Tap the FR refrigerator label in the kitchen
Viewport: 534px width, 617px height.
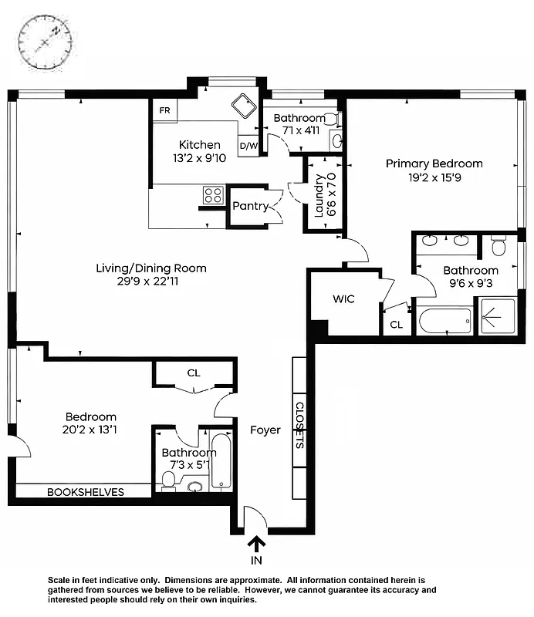click(x=164, y=110)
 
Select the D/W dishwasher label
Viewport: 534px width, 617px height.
click(x=248, y=145)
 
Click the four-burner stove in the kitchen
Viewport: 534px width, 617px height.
click(x=213, y=195)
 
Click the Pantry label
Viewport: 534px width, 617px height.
click(x=251, y=206)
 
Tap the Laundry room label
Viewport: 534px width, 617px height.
click(x=320, y=195)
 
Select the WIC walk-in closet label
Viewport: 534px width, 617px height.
click(x=343, y=298)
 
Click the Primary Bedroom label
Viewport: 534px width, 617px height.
click(x=434, y=164)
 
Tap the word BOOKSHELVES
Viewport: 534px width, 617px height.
click(x=86, y=492)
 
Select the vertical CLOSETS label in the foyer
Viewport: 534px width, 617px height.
click(x=299, y=424)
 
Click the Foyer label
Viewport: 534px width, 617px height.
click(x=265, y=430)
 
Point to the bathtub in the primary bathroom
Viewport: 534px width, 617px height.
click(x=444, y=321)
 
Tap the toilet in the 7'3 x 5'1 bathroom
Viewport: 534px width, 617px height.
click(x=168, y=480)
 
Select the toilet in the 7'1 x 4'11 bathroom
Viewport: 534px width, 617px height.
click(x=330, y=119)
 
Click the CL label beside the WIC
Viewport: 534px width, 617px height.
click(x=396, y=325)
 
